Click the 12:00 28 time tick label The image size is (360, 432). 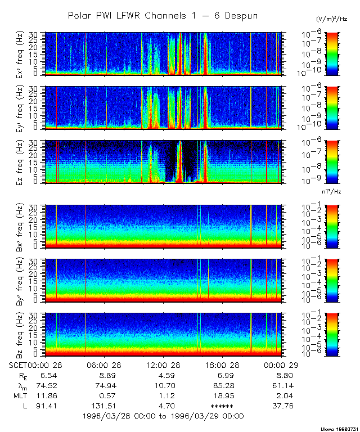pyautogui.click(x=163, y=365)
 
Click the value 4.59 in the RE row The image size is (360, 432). pyautogui.click(x=163, y=375)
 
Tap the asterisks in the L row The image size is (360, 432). pyautogui.click(x=222, y=406)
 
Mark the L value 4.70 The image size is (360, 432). pyautogui.click(x=163, y=406)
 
